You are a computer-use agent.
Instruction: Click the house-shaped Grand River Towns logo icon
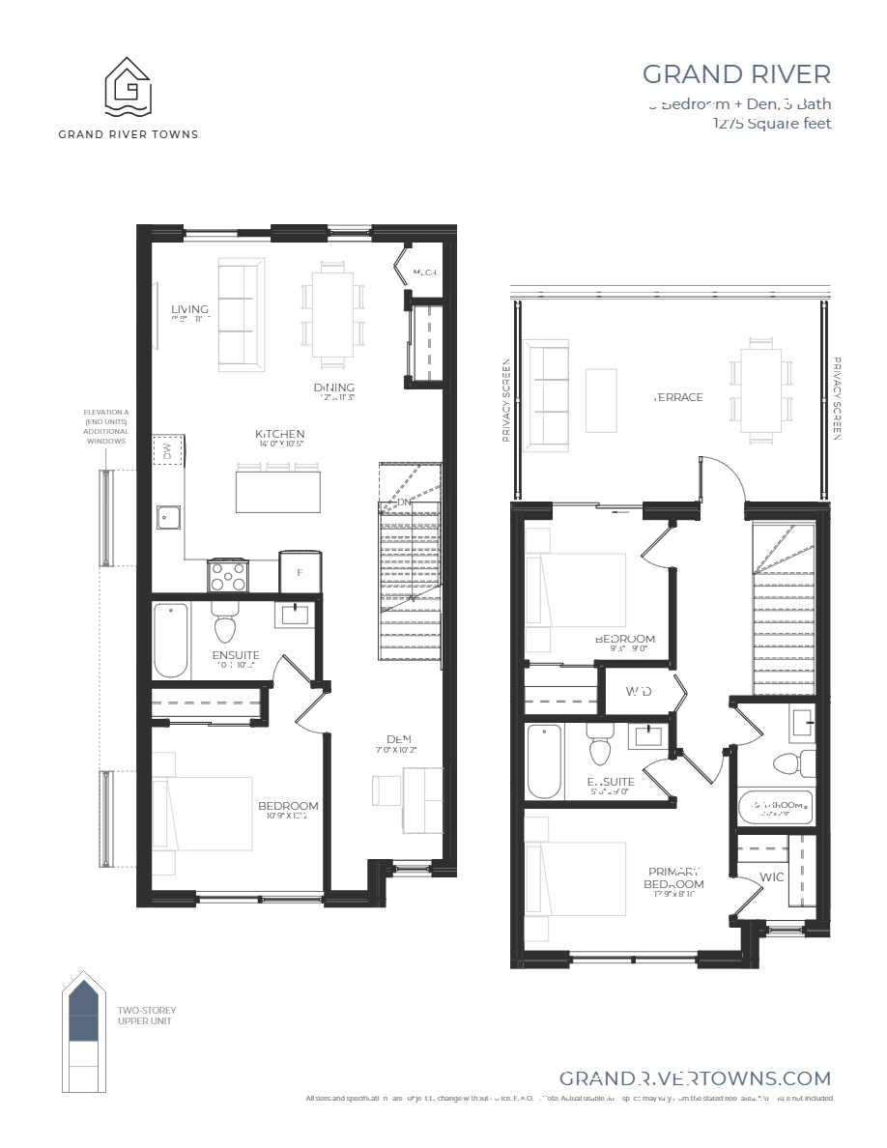pyautogui.click(x=129, y=87)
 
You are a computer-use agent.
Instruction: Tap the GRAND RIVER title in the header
pyautogui.click(x=736, y=74)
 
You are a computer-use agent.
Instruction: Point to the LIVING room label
pyautogui.click(x=189, y=309)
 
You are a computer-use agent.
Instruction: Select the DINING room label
pyautogui.click(x=333, y=387)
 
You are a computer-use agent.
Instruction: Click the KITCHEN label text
pyautogui.click(x=280, y=434)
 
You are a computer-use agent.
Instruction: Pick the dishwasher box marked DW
pyautogui.click(x=166, y=449)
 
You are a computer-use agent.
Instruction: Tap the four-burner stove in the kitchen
pyautogui.click(x=227, y=575)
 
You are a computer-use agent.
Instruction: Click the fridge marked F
pyautogui.click(x=300, y=572)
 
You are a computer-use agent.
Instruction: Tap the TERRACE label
pyautogui.click(x=678, y=397)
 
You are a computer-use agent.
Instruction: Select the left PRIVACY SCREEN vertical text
pyautogui.click(x=506, y=400)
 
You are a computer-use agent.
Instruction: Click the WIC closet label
pyautogui.click(x=771, y=877)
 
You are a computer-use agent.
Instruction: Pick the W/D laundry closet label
pyautogui.click(x=637, y=692)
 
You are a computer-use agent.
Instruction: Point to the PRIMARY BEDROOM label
pyautogui.click(x=673, y=877)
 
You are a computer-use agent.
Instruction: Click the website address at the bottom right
pyautogui.click(x=695, y=1078)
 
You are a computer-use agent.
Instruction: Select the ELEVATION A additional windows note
pyautogui.click(x=105, y=426)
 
